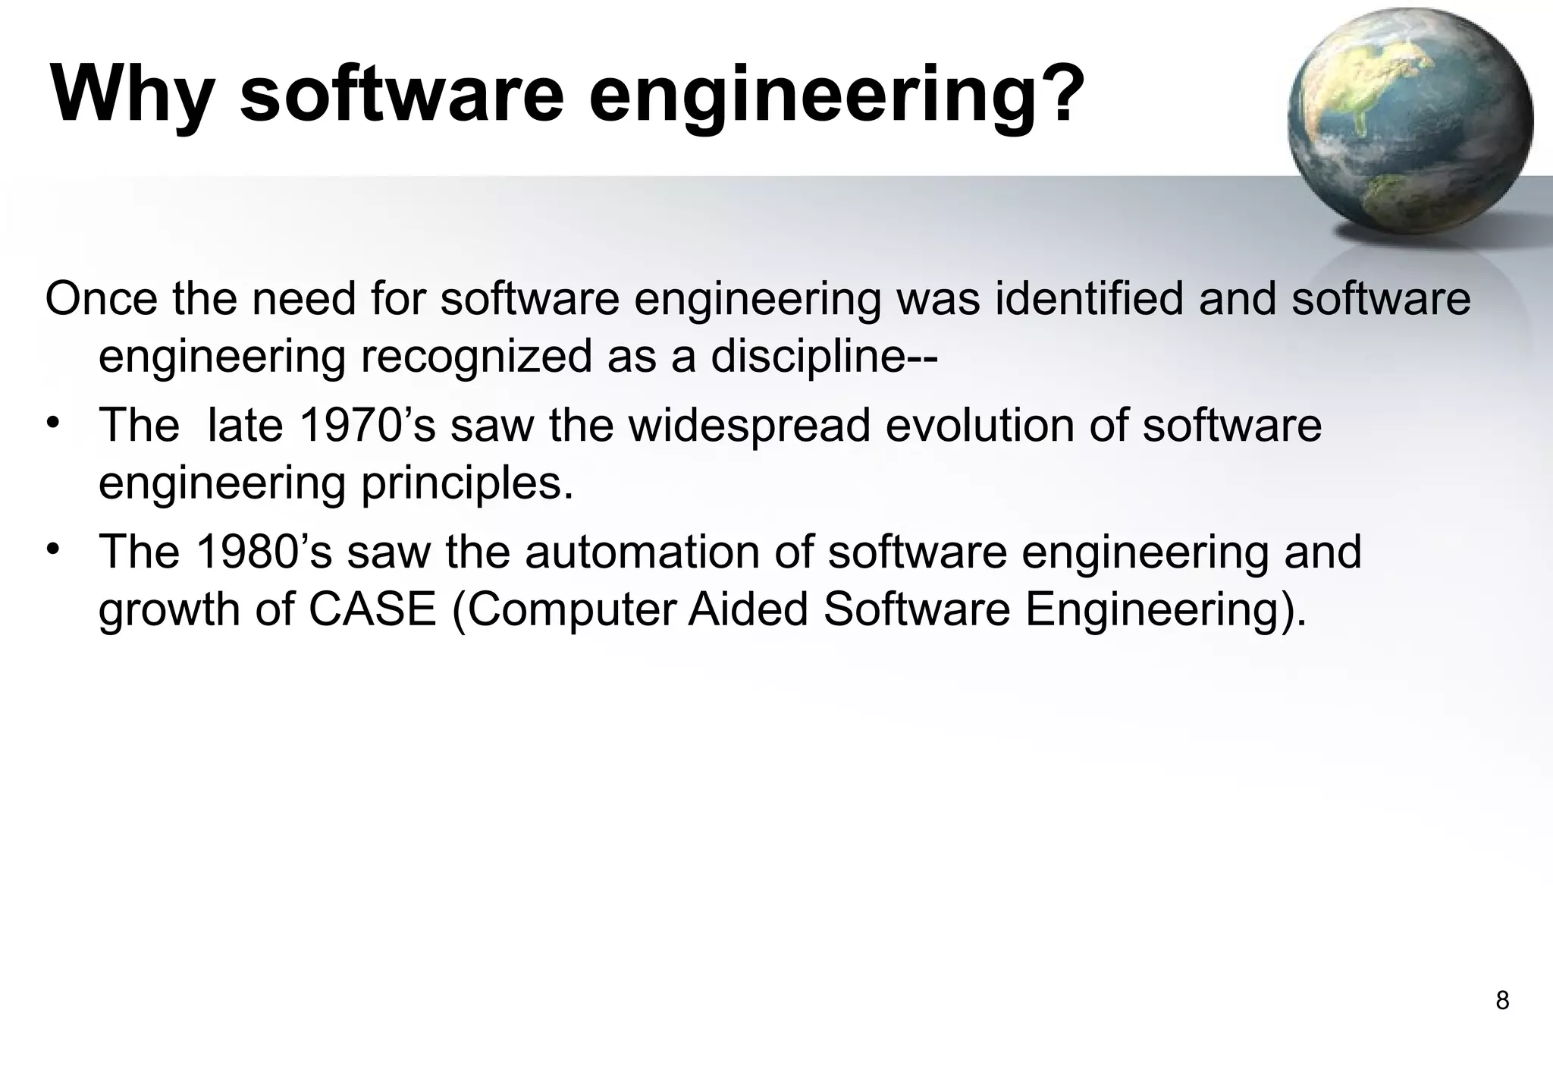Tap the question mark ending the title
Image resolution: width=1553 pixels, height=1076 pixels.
pos(1055,94)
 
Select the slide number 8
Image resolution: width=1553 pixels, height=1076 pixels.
pos(1502,1001)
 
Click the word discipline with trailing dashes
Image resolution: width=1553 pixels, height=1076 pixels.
pos(824,356)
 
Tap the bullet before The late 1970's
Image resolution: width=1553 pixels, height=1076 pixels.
pos(52,422)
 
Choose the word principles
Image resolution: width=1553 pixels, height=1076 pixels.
pos(467,483)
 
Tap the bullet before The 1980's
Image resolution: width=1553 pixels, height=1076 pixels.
pos(52,549)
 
